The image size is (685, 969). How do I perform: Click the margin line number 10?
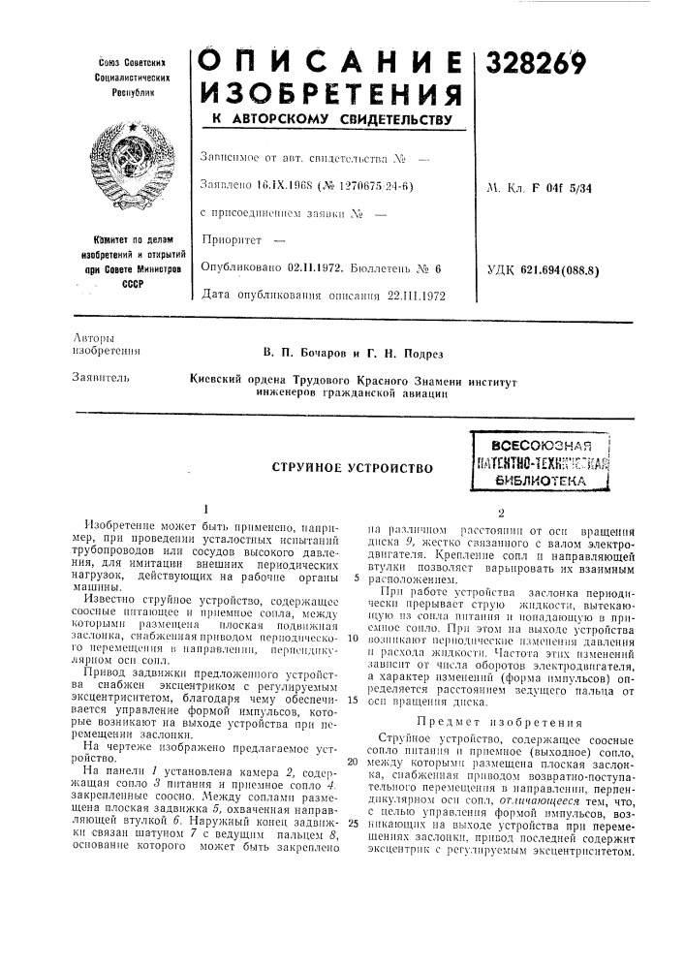(x=353, y=641)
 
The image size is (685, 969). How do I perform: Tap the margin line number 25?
(x=353, y=796)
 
